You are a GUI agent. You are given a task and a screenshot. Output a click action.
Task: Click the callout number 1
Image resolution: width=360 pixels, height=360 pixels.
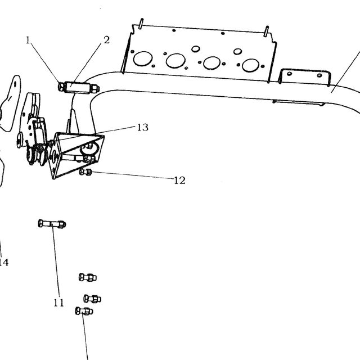point(28,40)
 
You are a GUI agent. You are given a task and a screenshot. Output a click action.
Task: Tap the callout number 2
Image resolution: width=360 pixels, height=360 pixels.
point(106,40)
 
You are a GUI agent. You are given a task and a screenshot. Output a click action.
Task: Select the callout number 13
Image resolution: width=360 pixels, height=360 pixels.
point(142,127)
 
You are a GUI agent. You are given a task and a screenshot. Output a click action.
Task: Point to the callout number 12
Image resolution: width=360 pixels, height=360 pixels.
point(179,181)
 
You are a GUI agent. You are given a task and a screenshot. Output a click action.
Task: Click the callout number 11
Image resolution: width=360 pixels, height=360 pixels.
point(58,303)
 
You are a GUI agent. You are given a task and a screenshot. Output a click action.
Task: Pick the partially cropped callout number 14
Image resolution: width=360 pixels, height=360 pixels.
point(4,262)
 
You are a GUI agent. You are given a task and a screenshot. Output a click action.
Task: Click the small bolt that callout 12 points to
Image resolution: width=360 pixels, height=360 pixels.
point(85,172)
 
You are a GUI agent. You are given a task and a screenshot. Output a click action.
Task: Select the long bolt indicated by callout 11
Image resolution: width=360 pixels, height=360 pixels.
point(52,224)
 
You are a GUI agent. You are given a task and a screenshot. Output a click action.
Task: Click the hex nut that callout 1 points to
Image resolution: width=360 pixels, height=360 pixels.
point(61,87)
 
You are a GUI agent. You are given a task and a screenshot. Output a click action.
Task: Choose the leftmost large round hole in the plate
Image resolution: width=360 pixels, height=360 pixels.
point(143,58)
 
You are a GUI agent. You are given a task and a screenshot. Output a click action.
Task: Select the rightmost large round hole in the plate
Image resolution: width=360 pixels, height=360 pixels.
point(251,65)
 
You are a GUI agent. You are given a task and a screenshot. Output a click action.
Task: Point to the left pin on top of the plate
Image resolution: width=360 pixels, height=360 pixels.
point(141,23)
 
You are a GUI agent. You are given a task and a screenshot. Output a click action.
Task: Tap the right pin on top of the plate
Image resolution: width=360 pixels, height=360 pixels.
point(266,31)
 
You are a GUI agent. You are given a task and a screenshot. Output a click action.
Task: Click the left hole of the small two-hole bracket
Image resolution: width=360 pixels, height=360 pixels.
point(290,74)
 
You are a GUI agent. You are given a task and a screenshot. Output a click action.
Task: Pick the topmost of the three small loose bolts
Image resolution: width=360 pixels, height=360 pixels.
point(88,277)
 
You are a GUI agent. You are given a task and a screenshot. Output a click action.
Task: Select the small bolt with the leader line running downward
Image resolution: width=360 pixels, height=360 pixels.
point(84,311)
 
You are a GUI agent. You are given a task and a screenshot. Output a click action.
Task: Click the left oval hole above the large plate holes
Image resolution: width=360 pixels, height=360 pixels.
point(196,49)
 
